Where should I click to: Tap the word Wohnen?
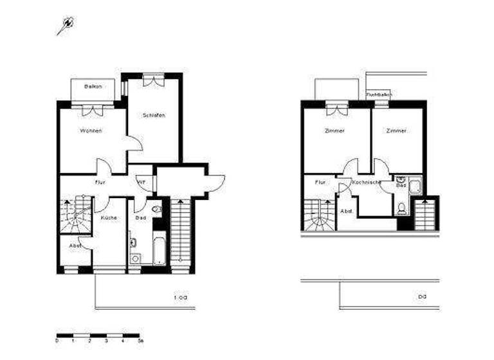pyautogui.click(x=91, y=131)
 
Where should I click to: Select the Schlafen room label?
pyautogui.click(x=154, y=116)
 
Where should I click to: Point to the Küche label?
pyautogui.click(x=109, y=218)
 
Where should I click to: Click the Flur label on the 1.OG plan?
pyautogui.click(x=100, y=183)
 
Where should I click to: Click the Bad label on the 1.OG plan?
pyautogui.click(x=141, y=218)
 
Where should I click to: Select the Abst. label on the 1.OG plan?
pyautogui.click(x=76, y=245)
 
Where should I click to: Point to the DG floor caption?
pyautogui.click(x=422, y=297)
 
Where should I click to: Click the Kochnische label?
pyautogui.click(x=367, y=183)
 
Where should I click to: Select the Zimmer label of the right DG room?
pyautogui.click(x=396, y=131)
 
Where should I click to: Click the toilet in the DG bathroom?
pyautogui.click(x=402, y=208)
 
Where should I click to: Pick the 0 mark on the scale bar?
pyautogui.click(x=57, y=340)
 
